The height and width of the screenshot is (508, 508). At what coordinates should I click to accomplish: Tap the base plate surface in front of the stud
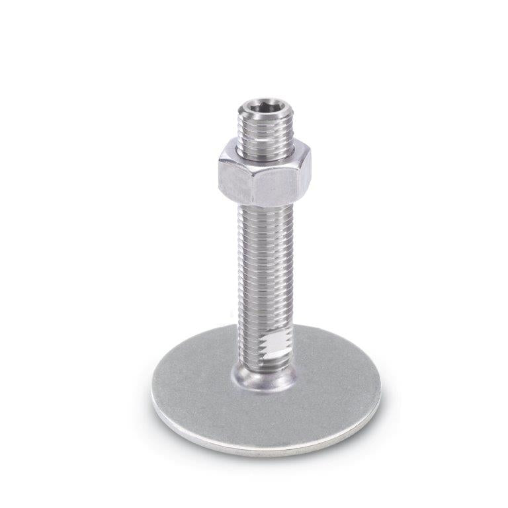pyautogui.click(x=265, y=420)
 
